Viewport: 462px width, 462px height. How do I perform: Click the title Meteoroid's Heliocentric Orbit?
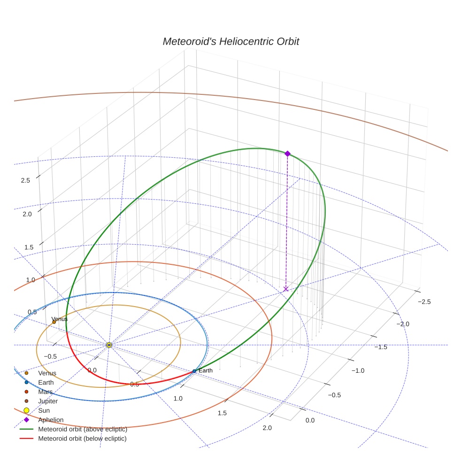pyautogui.click(x=231, y=42)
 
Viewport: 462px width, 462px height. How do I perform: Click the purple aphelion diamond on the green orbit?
pyautogui.click(x=287, y=154)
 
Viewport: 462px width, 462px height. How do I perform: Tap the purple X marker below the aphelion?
pyautogui.click(x=286, y=289)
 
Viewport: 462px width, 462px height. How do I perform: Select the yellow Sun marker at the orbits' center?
pyautogui.click(x=109, y=345)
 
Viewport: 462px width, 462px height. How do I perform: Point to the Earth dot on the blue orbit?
pyautogui.click(x=194, y=371)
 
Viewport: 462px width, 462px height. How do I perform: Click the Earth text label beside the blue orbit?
pyautogui.click(x=206, y=370)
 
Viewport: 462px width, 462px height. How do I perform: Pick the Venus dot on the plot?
pyautogui.click(x=54, y=322)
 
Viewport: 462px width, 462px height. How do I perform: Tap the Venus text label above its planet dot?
pyautogui.click(x=60, y=319)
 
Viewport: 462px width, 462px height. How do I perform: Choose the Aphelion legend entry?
pyautogui.click(x=51, y=420)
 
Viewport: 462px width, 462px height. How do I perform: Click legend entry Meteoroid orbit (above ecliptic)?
pyautogui.click(x=83, y=429)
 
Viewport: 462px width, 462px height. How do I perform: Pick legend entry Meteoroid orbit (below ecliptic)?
pyautogui.click(x=83, y=439)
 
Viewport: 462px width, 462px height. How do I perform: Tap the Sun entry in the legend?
pyautogui.click(x=44, y=410)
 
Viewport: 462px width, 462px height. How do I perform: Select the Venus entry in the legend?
pyautogui.click(x=47, y=373)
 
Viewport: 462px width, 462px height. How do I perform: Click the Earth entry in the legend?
pyautogui.click(x=46, y=383)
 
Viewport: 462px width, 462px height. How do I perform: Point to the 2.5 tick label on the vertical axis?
pyautogui.click(x=25, y=180)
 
